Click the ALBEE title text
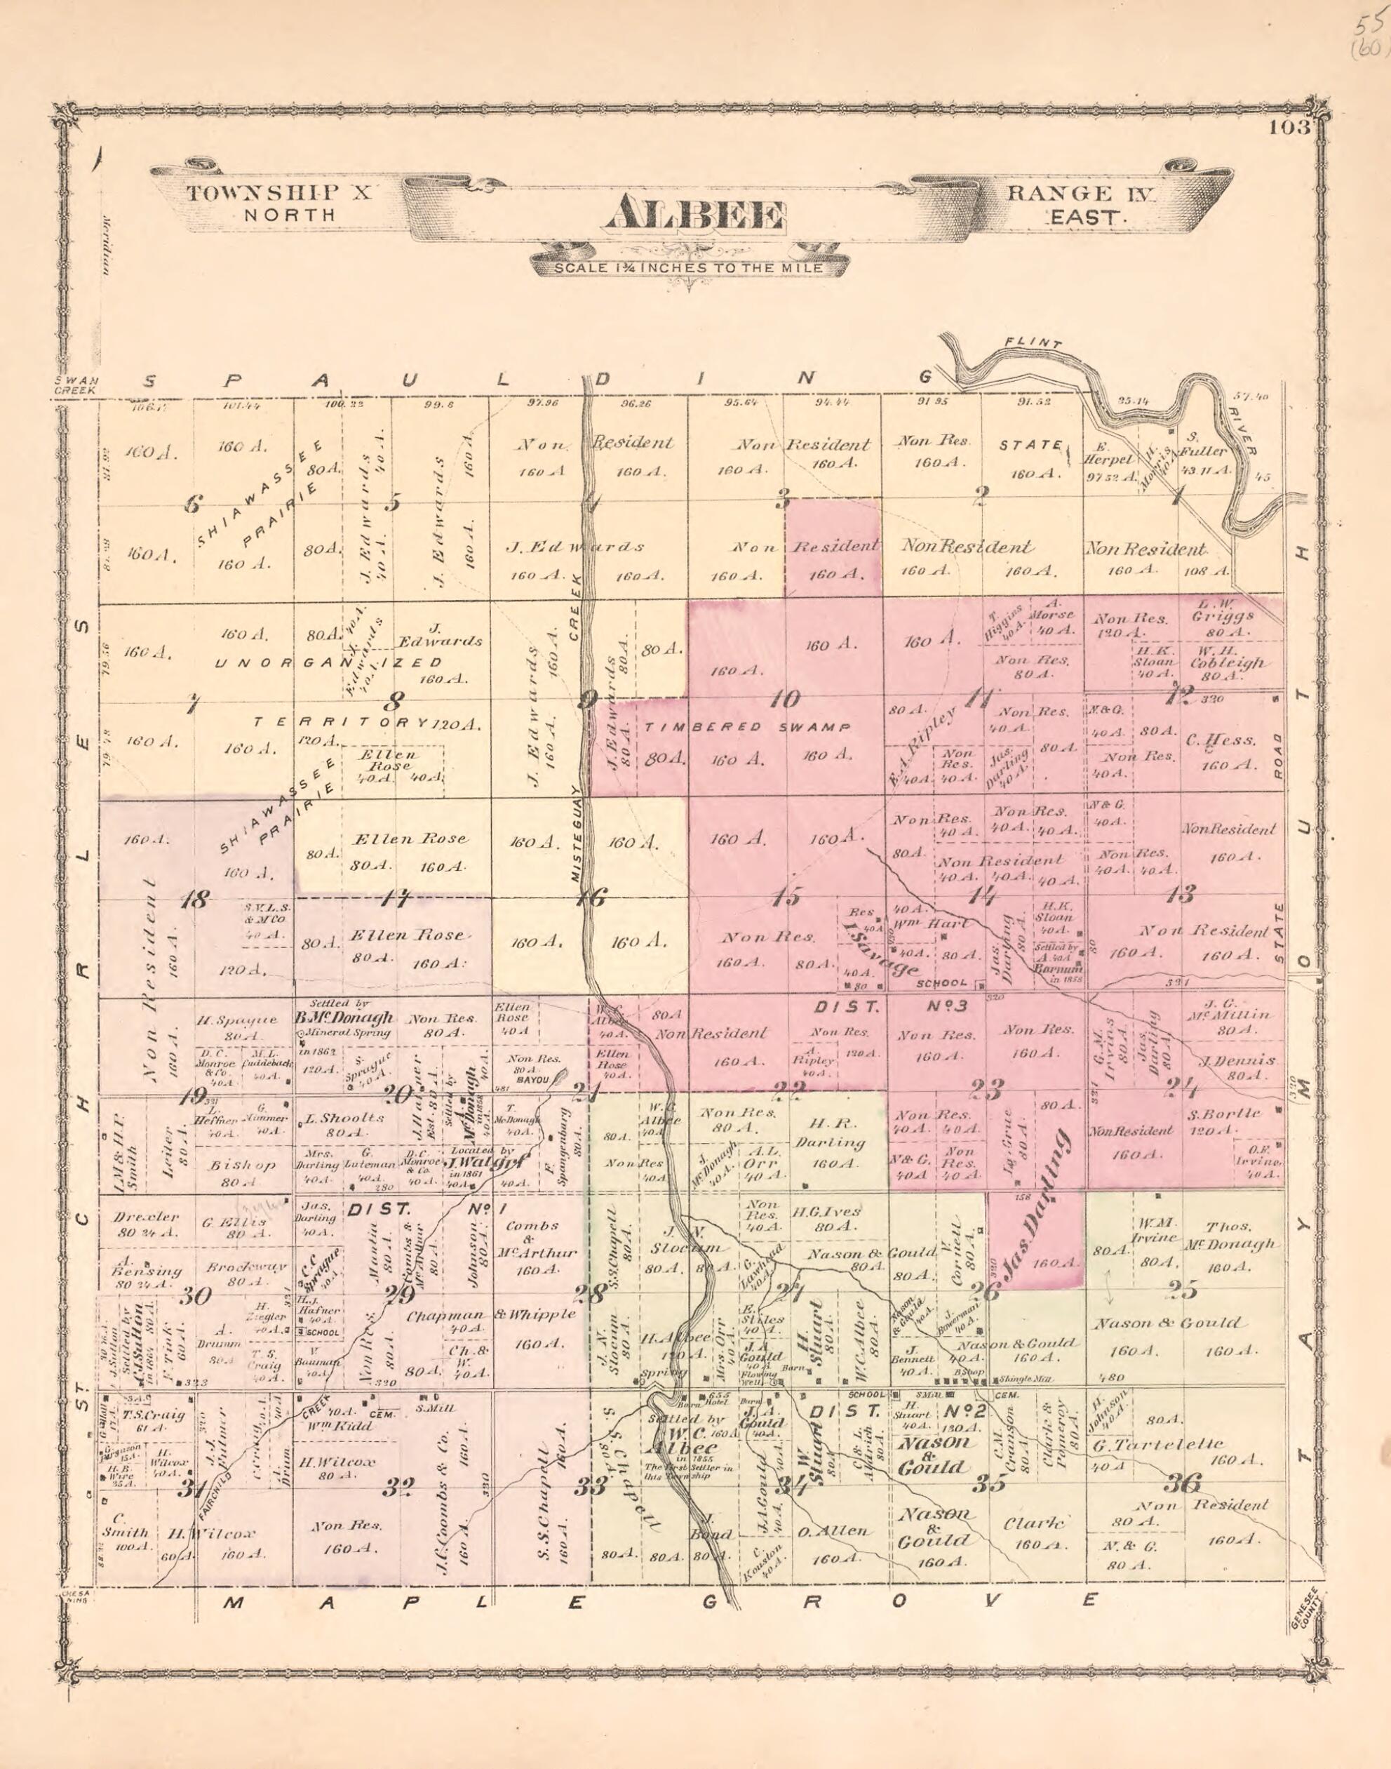[x=693, y=215]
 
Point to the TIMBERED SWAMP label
[x=748, y=726]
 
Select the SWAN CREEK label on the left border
[x=76, y=385]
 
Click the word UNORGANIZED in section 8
[x=329, y=663]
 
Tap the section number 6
[x=191, y=504]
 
